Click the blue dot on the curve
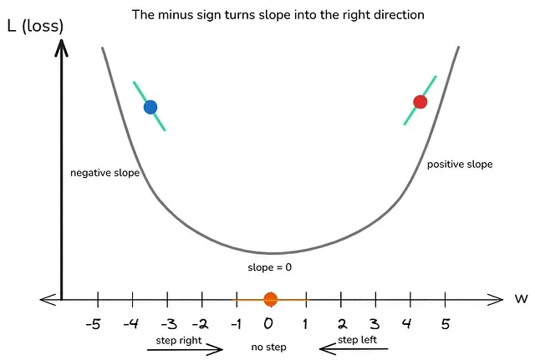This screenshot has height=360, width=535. (x=150, y=107)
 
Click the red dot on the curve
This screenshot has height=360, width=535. (x=420, y=102)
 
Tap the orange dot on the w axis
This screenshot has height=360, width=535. (x=271, y=299)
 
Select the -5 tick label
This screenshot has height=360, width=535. (x=94, y=324)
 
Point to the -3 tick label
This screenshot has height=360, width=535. (x=169, y=324)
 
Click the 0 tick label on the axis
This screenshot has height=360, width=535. (x=268, y=323)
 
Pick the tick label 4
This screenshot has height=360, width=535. (x=406, y=323)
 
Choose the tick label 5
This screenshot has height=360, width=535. (x=446, y=323)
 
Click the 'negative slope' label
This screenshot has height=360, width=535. (x=105, y=173)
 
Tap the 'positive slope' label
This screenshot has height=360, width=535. (x=460, y=165)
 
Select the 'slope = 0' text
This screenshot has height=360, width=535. (x=269, y=267)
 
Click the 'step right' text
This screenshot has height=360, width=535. (x=179, y=341)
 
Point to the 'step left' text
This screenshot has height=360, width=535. (x=357, y=340)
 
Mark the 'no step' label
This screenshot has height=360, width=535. (x=268, y=347)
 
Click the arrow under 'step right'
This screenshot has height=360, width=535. (x=185, y=349)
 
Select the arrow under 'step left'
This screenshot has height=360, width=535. (x=354, y=349)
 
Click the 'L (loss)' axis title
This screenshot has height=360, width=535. (x=35, y=26)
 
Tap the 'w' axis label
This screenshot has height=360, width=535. (x=522, y=299)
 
